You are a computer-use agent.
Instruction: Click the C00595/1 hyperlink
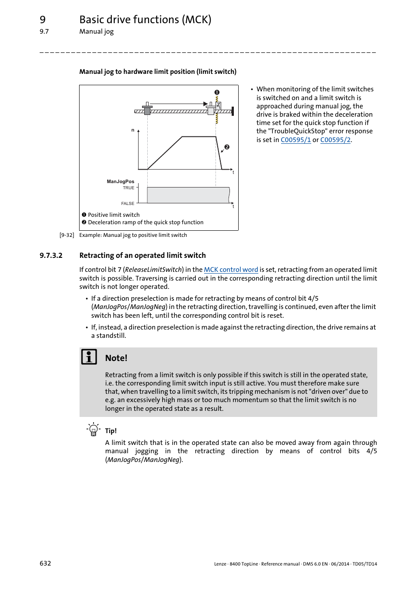(295, 140)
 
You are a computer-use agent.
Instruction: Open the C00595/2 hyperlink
(335, 140)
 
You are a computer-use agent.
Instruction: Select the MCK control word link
(231, 270)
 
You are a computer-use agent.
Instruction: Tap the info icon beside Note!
(89, 357)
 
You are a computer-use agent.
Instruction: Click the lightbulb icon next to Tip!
(93, 430)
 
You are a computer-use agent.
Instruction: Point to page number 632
(45, 563)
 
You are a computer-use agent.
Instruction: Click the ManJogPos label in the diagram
(120, 181)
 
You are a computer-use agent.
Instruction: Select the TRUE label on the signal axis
(129, 188)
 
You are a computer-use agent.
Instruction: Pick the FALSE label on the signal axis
(128, 204)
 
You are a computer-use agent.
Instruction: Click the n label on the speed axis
(133, 130)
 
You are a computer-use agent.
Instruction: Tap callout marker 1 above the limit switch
(217, 92)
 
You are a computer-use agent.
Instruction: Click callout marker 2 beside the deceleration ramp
(227, 147)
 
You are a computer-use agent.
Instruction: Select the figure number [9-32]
(67, 235)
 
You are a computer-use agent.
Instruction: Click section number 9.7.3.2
(51, 256)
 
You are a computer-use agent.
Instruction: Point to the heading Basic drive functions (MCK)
(145, 20)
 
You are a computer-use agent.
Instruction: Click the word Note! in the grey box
(116, 358)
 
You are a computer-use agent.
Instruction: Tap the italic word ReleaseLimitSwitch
(153, 270)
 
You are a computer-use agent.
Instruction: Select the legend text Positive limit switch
(114, 215)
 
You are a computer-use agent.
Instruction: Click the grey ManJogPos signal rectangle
(188, 195)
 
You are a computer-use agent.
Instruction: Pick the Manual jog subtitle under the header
(97, 31)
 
